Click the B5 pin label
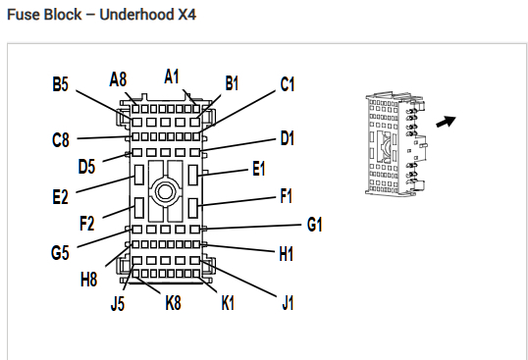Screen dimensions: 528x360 coord(61,84)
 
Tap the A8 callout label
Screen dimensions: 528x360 coord(118,79)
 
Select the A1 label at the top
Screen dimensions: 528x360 coord(172,77)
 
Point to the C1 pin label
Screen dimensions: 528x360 coord(288,84)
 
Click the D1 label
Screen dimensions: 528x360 coord(288,138)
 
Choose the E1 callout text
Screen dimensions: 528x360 coord(259,168)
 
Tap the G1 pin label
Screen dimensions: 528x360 coord(314,225)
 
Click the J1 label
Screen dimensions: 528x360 coord(288,302)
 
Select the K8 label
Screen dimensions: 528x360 coord(173,303)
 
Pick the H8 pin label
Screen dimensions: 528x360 coord(89,280)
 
